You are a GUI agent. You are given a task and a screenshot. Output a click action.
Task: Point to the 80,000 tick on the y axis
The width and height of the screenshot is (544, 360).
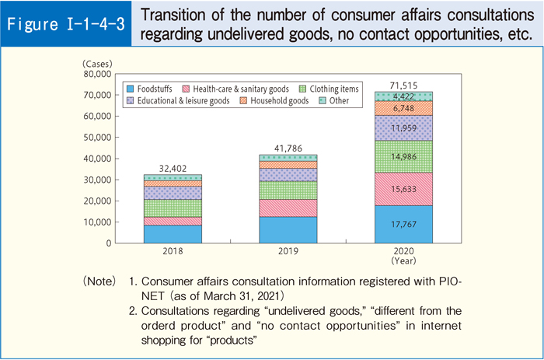coord(96,74)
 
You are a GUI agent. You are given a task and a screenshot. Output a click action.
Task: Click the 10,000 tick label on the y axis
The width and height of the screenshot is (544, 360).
coord(96,222)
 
